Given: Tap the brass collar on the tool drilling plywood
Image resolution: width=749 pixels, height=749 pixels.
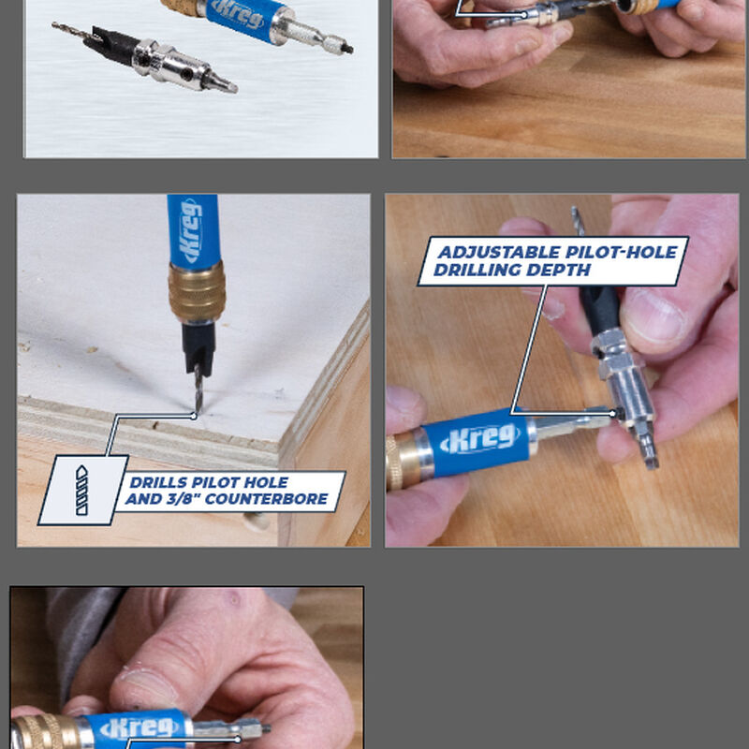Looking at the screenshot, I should point(196,292).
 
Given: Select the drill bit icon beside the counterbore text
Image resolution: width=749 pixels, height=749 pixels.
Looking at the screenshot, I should point(82,490).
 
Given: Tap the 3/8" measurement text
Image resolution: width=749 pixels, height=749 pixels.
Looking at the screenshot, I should point(184,499).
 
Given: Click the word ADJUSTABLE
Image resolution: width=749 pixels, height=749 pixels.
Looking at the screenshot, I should point(492,253).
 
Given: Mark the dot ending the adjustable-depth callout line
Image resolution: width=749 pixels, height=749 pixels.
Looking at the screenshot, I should point(615,413).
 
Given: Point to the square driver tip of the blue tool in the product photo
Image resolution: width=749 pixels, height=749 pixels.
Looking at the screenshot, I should point(344,45).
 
